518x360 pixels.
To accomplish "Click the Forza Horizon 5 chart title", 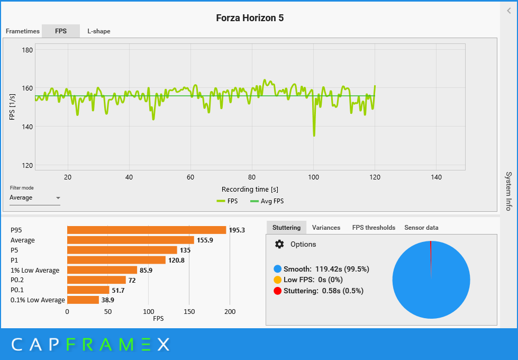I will click(250, 18).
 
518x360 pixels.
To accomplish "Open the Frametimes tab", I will click(23, 31).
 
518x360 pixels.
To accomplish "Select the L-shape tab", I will click(99, 31).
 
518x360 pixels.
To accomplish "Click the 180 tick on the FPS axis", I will click(27, 50).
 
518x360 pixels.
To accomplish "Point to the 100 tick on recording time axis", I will click(313, 177).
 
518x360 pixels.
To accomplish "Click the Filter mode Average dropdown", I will click(35, 198).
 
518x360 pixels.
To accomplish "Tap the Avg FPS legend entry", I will click(267, 201).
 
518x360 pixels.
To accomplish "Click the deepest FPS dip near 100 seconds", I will click(314, 135).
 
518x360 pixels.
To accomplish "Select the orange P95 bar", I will click(147, 230).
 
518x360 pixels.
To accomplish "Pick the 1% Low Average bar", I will click(102, 270).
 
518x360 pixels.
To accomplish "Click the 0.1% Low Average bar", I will click(83, 300).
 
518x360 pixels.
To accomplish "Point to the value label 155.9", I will click(204, 240).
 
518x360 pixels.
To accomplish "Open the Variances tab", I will click(326, 228).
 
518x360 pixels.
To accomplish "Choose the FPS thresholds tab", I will click(374, 228).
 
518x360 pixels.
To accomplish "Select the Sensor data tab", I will click(421, 228).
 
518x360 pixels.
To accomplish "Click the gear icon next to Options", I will click(279, 244).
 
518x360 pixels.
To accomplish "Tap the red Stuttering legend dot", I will click(278, 291).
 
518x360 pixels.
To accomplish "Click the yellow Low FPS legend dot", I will click(278, 280).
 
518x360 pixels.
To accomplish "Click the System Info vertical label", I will click(508, 191).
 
